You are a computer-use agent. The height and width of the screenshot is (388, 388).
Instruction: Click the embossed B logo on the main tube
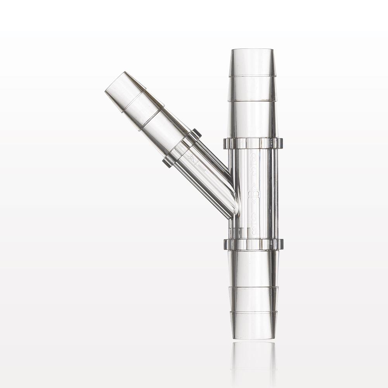(254, 193)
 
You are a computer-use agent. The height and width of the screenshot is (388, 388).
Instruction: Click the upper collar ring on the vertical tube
(253, 143)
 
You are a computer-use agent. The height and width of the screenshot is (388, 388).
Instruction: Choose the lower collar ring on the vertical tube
(253, 244)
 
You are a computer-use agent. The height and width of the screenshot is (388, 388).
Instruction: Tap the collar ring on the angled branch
(182, 148)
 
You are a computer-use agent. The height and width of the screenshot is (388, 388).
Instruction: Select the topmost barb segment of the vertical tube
(252, 64)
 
